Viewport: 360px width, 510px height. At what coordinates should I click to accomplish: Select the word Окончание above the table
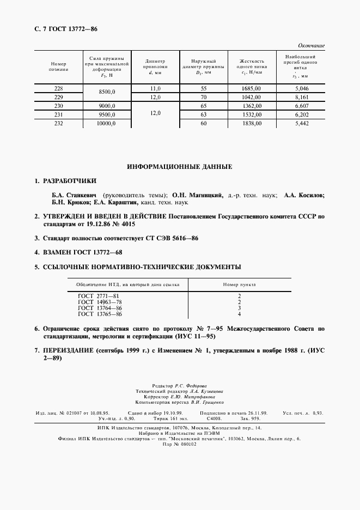[x=311, y=46]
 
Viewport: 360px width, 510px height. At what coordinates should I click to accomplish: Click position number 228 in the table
[x=58, y=88]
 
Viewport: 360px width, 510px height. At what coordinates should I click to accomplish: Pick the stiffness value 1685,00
[x=251, y=88]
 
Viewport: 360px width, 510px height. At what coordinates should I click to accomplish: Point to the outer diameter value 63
[x=204, y=115]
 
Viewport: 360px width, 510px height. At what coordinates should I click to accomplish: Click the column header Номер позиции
[x=58, y=66]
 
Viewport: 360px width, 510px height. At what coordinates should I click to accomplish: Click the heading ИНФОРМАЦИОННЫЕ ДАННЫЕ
[x=180, y=166]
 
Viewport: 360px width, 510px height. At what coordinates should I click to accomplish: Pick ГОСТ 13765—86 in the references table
[x=100, y=314]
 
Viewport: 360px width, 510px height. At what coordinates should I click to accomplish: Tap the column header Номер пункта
[x=240, y=284]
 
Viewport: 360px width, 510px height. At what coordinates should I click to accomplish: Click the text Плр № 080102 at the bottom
[x=180, y=444]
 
